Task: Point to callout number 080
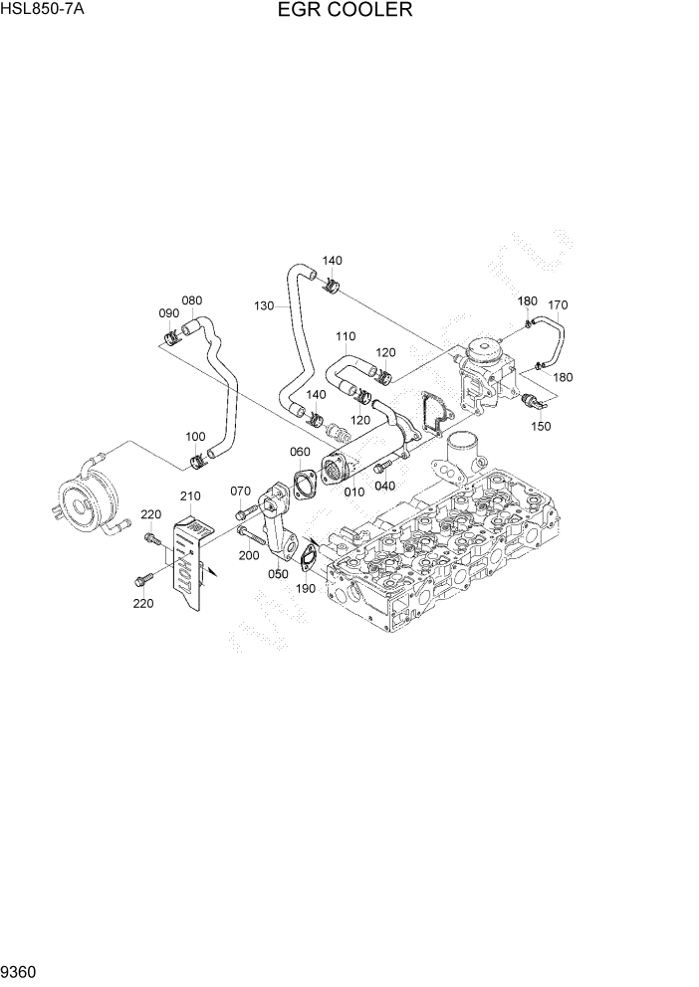coord(192,300)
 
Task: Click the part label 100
coord(196,437)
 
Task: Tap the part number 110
coord(346,336)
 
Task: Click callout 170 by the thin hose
coord(558,304)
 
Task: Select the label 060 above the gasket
coord(300,452)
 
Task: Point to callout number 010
coord(354,491)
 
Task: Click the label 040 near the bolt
coord(384,486)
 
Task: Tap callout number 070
coord(241,491)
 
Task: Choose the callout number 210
coord(190,495)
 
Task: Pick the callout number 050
coord(278,574)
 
